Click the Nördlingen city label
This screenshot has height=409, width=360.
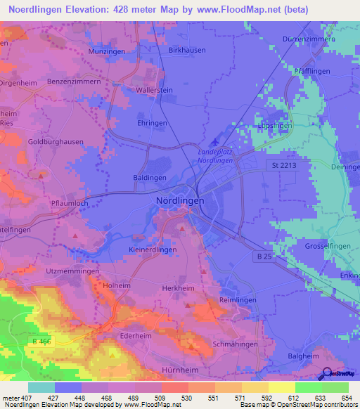pyautogui.click(x=179, y=200)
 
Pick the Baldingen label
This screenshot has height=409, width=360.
pyautogui.click(x=149, y=178)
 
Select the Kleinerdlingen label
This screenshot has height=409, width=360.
pyautogui.click(x=153, y=249)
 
